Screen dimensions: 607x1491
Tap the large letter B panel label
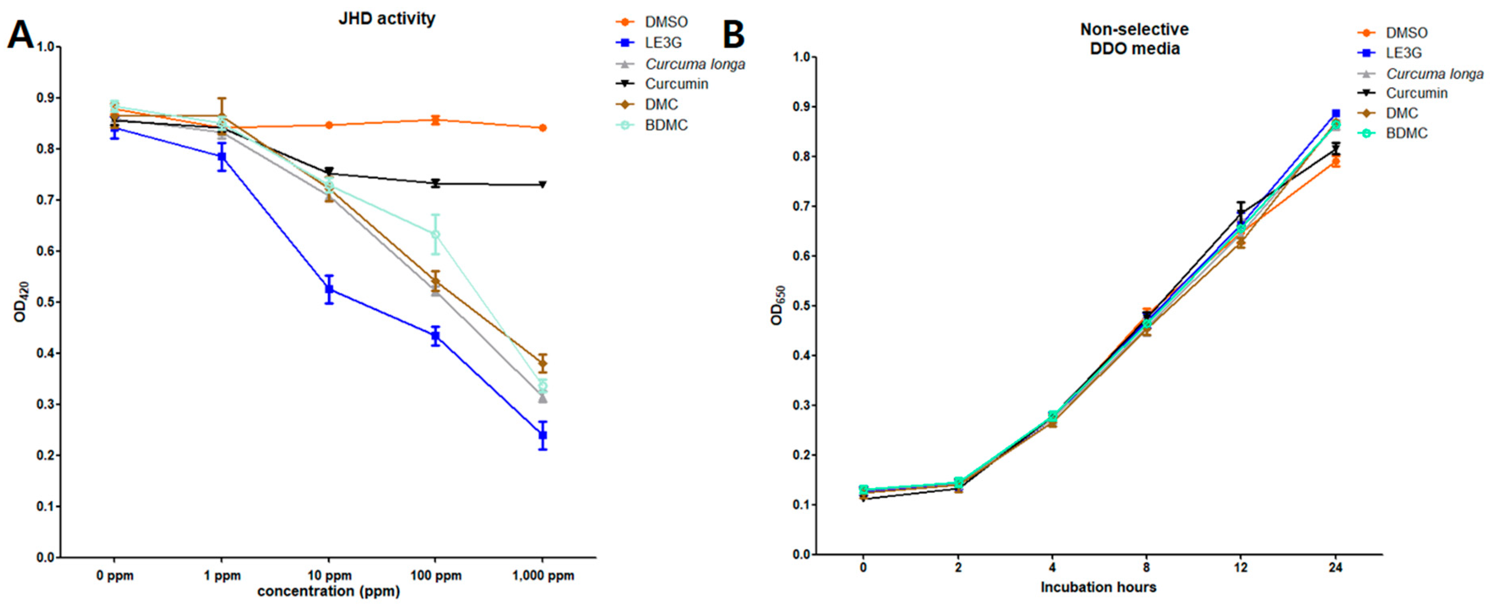coord(733,35)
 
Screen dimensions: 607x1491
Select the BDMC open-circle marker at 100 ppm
coord(435,234)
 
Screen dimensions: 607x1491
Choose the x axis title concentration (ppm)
coord(329,591)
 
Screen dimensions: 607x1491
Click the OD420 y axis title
coord(21,301)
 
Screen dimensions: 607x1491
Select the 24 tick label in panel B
coord(1335,568)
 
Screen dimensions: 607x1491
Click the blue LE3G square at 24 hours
coord(1335,113)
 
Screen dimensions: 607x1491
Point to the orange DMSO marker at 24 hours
coord(1335,162)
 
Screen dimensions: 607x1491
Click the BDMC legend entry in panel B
coord(1407,133)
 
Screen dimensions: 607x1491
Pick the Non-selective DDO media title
coord(1134,39)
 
